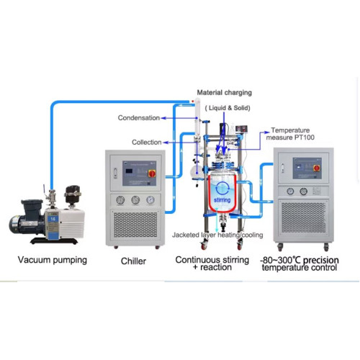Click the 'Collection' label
click(146, 142)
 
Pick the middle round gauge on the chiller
click(135, 200)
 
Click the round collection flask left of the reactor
click(195, 173)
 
